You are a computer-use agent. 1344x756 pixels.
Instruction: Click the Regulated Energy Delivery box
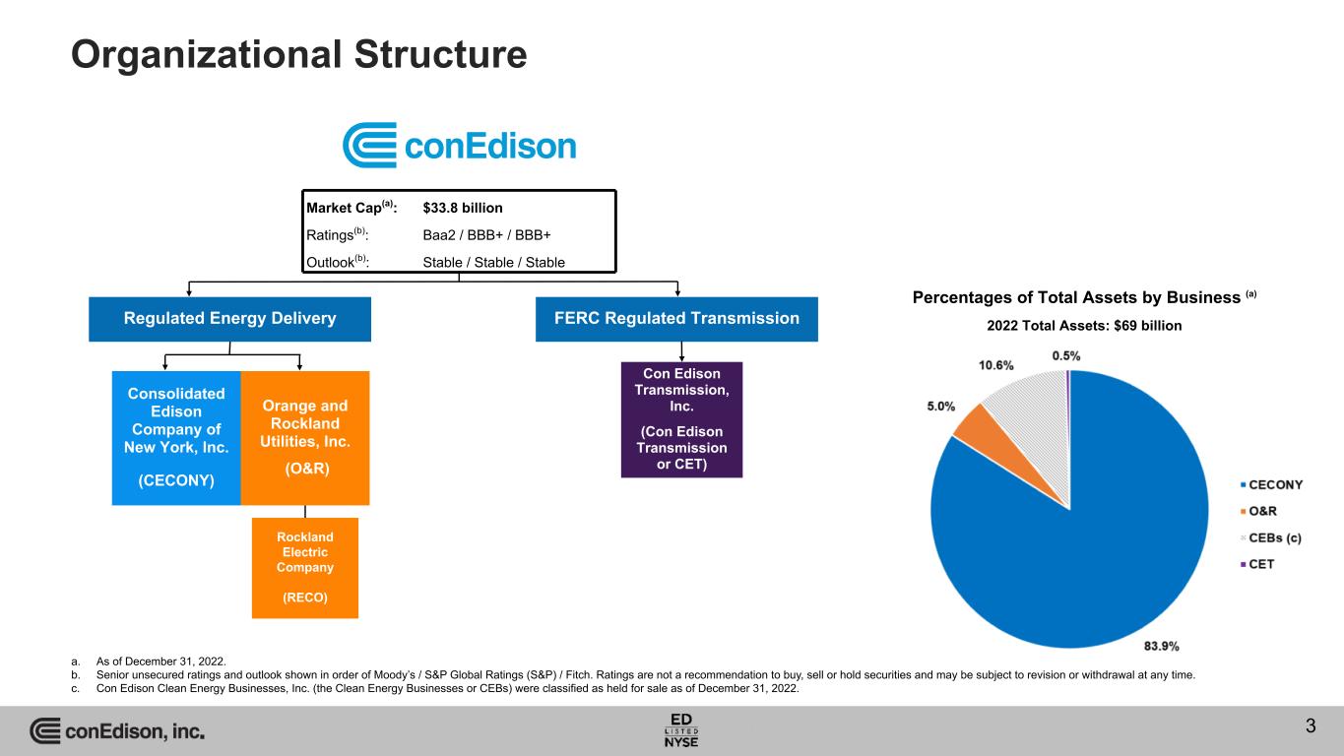229,319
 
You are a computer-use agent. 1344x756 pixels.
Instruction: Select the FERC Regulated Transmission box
676,319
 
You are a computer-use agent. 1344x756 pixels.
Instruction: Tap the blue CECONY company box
177,436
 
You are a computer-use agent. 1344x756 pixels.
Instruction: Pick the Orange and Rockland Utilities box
304,436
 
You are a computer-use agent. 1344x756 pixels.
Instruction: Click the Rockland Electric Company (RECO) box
304,567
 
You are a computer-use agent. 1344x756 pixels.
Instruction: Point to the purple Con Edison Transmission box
681,419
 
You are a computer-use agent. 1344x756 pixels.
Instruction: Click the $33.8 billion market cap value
462,208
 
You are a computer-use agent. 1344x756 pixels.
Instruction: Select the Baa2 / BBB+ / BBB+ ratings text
486,235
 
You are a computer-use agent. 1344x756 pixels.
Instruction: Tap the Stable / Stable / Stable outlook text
493,263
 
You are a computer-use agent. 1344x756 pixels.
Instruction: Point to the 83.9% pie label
1162,646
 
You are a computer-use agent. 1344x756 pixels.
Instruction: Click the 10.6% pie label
996,366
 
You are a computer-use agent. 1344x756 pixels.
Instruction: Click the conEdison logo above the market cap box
459,146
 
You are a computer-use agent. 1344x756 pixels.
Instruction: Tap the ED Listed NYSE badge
681,728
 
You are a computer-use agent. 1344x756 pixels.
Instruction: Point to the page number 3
1310,727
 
